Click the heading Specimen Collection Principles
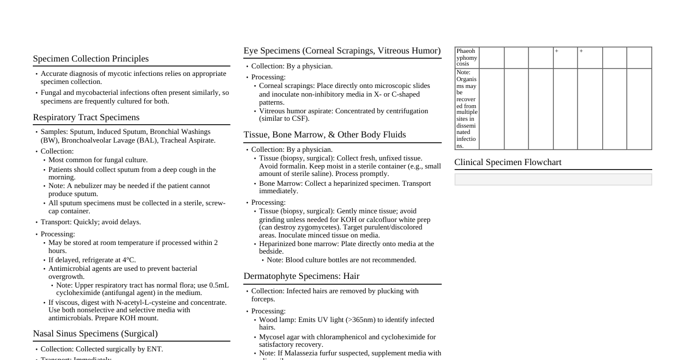[91, 59]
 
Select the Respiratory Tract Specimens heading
[86, 117]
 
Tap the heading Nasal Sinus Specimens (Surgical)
[95, 334]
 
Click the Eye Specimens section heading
[342, 51]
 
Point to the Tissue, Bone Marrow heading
[324, 135]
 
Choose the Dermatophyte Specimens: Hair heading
[301, 276]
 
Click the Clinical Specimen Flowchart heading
[508, 162]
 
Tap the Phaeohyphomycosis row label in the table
[466, 58]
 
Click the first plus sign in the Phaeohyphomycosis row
[557, 51]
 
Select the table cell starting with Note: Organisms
[466, 109]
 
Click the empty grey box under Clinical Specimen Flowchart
[553, 179]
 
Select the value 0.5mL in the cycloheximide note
[219, 285]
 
